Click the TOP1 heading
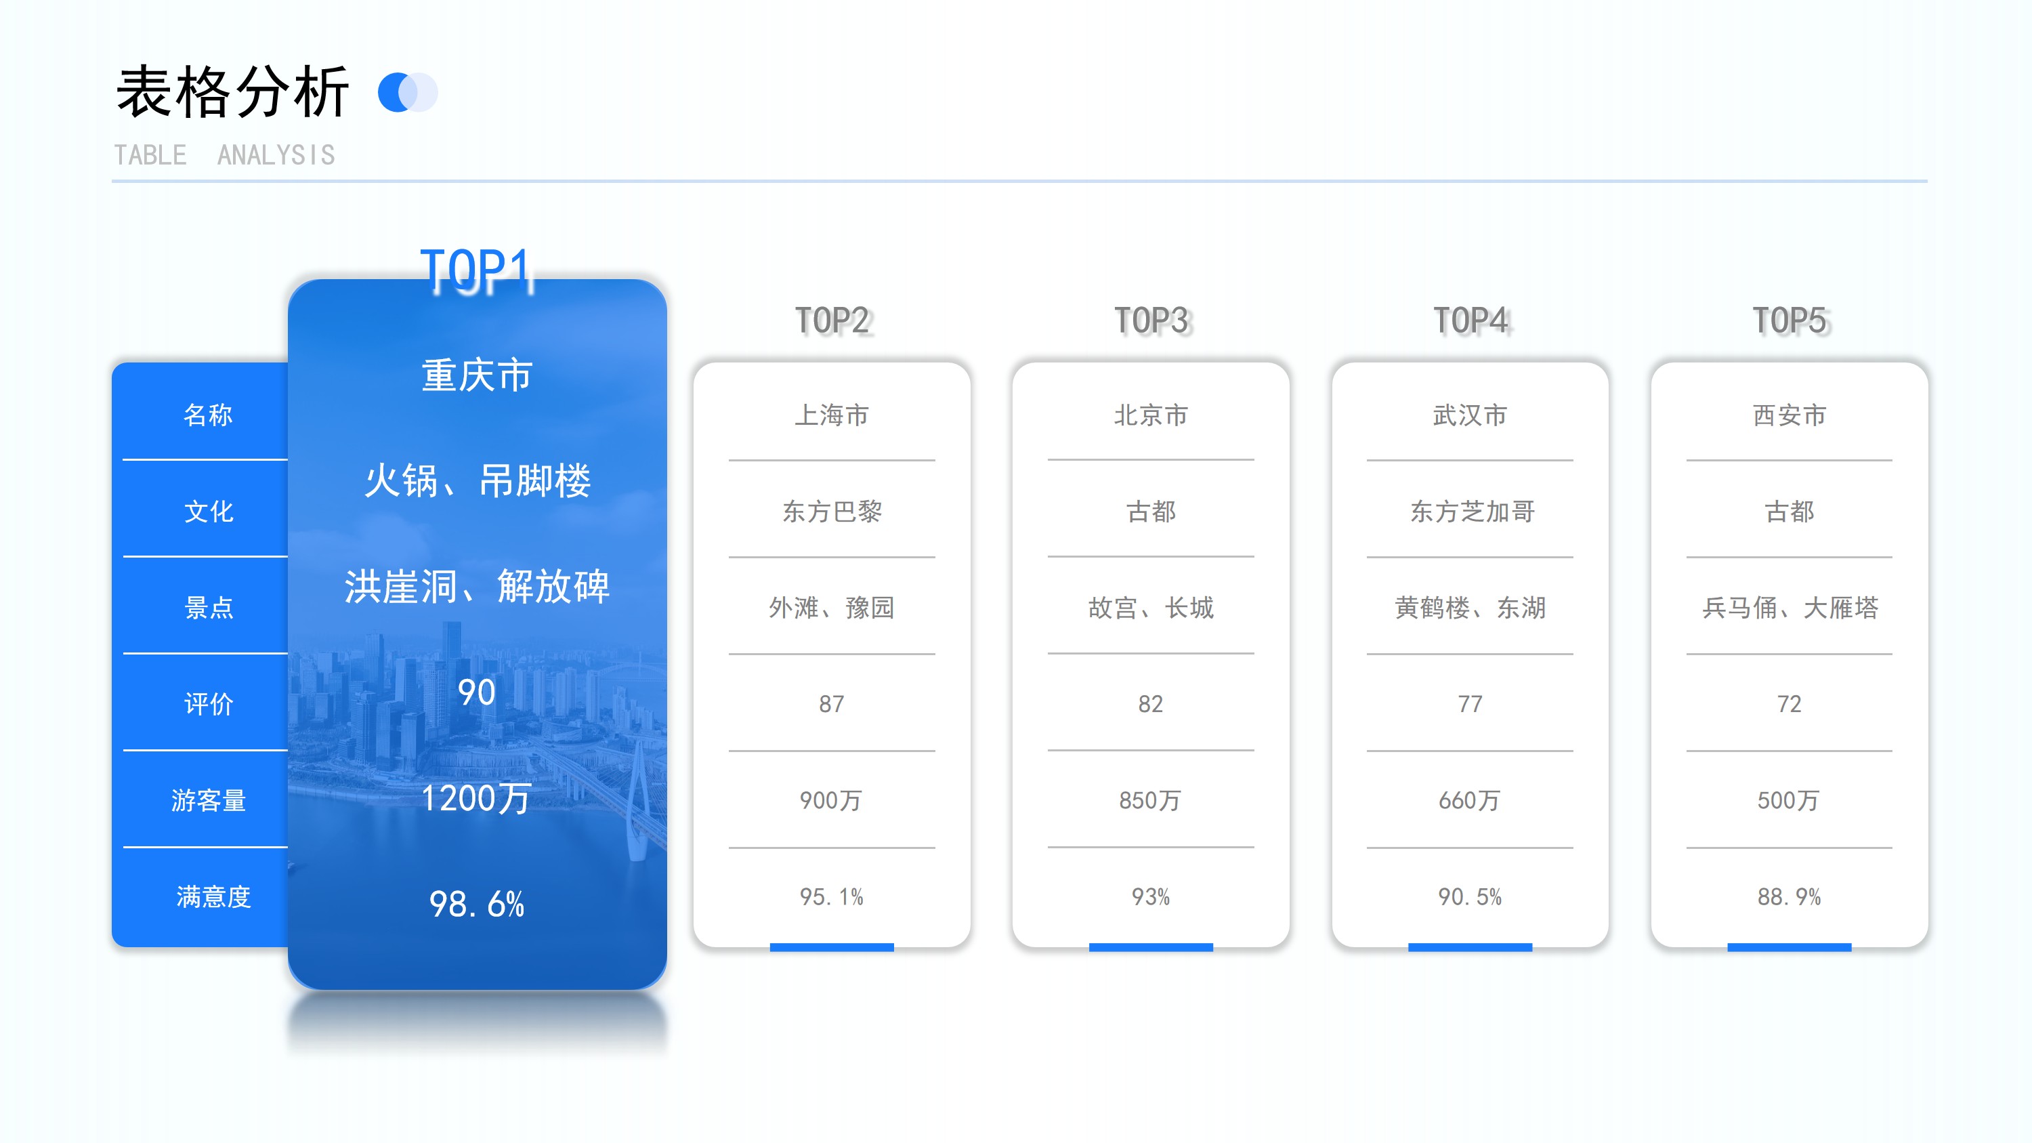(x=476, y=269)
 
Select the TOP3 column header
(x=1151, y=320)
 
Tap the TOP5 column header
(x=1789, y=320)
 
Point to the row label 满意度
(x=213, y=896)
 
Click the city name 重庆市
(x=476, y=375)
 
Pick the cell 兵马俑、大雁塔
(x=1790, y=607)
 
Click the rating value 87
(x=831, y=704)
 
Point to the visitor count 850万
(x=1150, y=800)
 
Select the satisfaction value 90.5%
(x=1470, y=897)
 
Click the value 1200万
(x=476, y=797)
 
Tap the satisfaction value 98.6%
(x=476, y=904)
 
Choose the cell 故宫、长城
(x=1151, y=607)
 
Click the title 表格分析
(x=233, y=92)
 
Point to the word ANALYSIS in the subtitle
(x=276, y=155)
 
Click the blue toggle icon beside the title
(x=408, y=92)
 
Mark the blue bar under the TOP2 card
(x=831, y=947)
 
